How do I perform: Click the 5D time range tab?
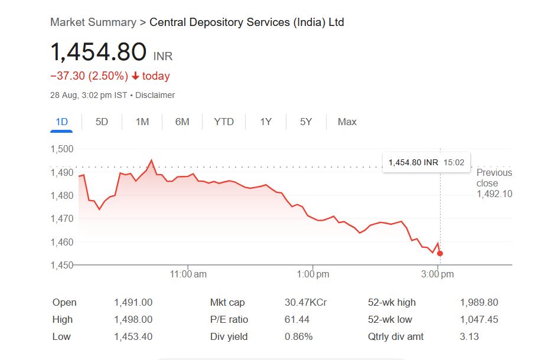point(102,122)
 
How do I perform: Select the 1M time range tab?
point(142,122)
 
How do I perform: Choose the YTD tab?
point(224,122)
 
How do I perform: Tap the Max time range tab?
point(347,122)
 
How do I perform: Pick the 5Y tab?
point(306,122)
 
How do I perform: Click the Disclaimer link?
point(155,95)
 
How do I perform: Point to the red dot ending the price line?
point(440,254)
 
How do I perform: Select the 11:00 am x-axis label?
point(188,274)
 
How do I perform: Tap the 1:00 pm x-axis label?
point(314,274)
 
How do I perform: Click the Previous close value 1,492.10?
point(494,194)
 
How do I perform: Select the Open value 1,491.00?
point(133,303)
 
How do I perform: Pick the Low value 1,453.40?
point(133,337)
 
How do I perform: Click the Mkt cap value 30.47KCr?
point(305,303)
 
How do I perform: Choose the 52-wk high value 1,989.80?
point(479,303)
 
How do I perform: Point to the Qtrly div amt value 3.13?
point(470,337)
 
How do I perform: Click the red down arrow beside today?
point(135,76)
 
